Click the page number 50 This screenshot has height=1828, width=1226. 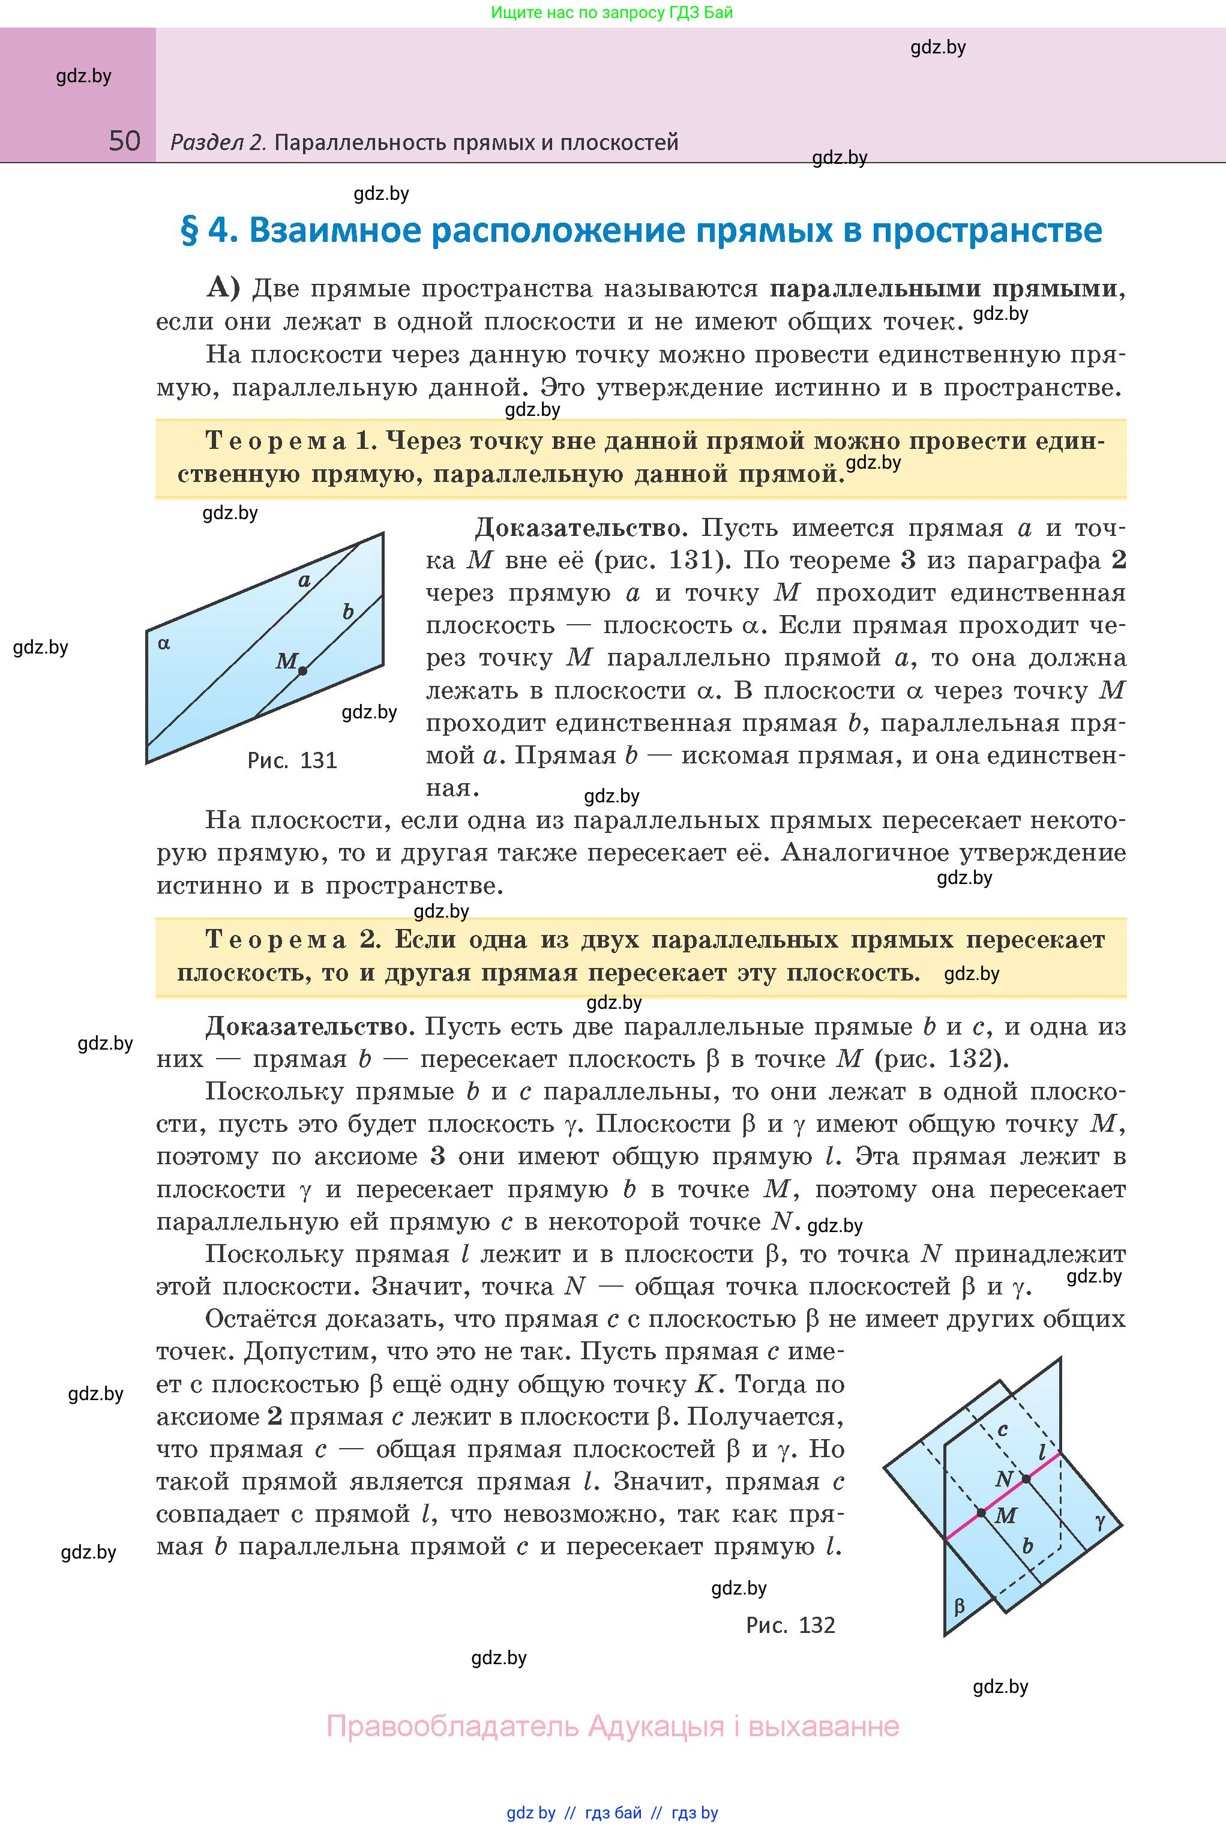tap(124, 141)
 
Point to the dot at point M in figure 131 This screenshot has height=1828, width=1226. tap(302, 670)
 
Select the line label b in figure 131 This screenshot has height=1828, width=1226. tap(349, 612)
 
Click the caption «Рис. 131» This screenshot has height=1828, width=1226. tap(292, 760)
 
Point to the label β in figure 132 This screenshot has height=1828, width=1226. tap(960, 1607)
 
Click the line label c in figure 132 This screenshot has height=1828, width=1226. tap(1003, 1430)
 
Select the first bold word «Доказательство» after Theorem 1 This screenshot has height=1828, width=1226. tap(578, 529)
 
